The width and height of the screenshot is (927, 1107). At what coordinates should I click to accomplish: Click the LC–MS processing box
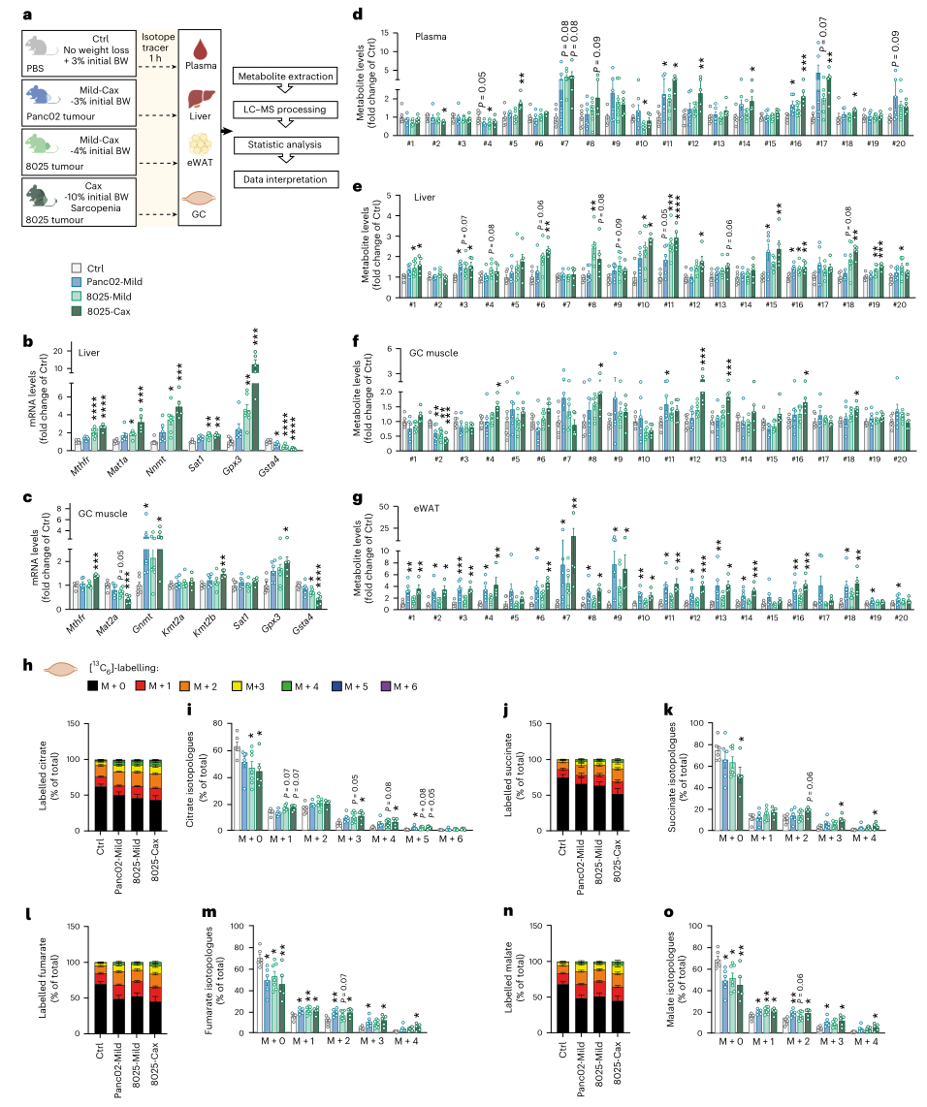coord(281,111)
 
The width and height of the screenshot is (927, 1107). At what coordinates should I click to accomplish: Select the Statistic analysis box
coord(281,145)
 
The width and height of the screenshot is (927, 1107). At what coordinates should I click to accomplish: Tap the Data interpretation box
coord(281,180)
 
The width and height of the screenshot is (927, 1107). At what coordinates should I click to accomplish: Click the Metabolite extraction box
coord(281,76)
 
